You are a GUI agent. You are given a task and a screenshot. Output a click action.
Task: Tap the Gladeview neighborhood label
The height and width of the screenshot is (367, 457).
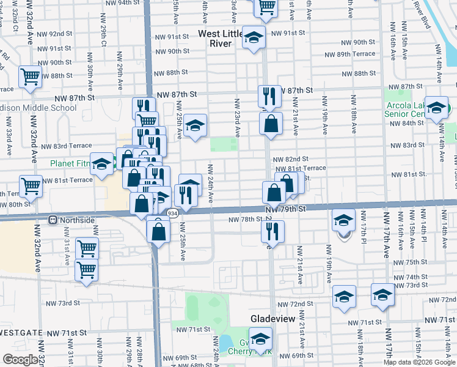pyautogui.click(x=273, y=319)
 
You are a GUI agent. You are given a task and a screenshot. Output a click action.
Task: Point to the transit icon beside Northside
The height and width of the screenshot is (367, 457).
pyautogui.click(x=53, y=219)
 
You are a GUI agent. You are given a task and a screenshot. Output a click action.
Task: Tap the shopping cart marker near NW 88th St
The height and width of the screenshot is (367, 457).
pyautogui.click(x=29, y=77)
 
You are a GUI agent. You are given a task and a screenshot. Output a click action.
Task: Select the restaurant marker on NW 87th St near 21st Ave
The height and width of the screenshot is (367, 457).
pyautogui.click(x=269, y=95)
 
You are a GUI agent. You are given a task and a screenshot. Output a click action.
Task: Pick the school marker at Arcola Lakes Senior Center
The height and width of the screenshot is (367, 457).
pyautogui.click(x=437, y=108)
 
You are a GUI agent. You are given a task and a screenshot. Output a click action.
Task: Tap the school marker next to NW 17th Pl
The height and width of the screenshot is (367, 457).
pyautogui.click(x=344, y=220)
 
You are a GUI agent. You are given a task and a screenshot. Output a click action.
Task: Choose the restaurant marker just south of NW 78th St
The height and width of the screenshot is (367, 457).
pyautogui.click(x=272, y=231)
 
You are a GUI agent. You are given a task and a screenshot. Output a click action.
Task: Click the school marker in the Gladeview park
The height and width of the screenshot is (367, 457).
pyautogui.click(x=261, y=339)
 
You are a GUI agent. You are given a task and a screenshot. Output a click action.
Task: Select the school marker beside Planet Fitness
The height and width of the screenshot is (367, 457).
pyautogui.click(x=101, y=163)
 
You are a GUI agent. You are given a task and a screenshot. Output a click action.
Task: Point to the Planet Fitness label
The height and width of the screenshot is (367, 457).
pyautogui.click(x=70, y=163)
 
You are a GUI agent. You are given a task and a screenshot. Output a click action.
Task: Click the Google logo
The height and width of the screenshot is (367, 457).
pyautogui.click(x=20, y=360)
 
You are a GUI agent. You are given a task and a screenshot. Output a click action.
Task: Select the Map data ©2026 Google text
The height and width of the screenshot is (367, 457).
pyautogui.click(x=419, y=362)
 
